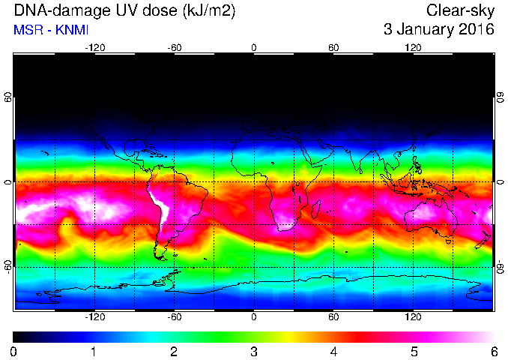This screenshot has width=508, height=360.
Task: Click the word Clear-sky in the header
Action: (x=460, y=10)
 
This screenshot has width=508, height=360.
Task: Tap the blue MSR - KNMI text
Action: (x=51, y=30)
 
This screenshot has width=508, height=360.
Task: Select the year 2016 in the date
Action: (x=477, y=29)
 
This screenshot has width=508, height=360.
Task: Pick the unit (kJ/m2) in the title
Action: (x=209, y=11)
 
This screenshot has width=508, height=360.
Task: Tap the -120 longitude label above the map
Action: (x=95, y=48)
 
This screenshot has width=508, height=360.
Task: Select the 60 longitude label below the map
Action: (x=333, y=316)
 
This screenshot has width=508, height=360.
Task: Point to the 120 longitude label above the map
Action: (x=413, y=48)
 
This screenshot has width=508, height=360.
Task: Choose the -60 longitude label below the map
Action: (x=175, y=316)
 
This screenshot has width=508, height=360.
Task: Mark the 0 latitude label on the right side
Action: (x=501, y=182)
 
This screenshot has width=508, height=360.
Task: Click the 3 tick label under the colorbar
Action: (x=254, y=352)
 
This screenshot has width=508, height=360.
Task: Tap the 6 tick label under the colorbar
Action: (x=494, y=352)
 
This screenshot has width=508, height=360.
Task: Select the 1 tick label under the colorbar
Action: (x=94, y=352)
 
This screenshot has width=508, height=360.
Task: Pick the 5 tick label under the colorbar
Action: (x=414, y=352)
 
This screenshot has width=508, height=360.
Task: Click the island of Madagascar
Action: (x=316, y=209)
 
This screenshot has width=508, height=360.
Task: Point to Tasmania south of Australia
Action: (x=449, y=241)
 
